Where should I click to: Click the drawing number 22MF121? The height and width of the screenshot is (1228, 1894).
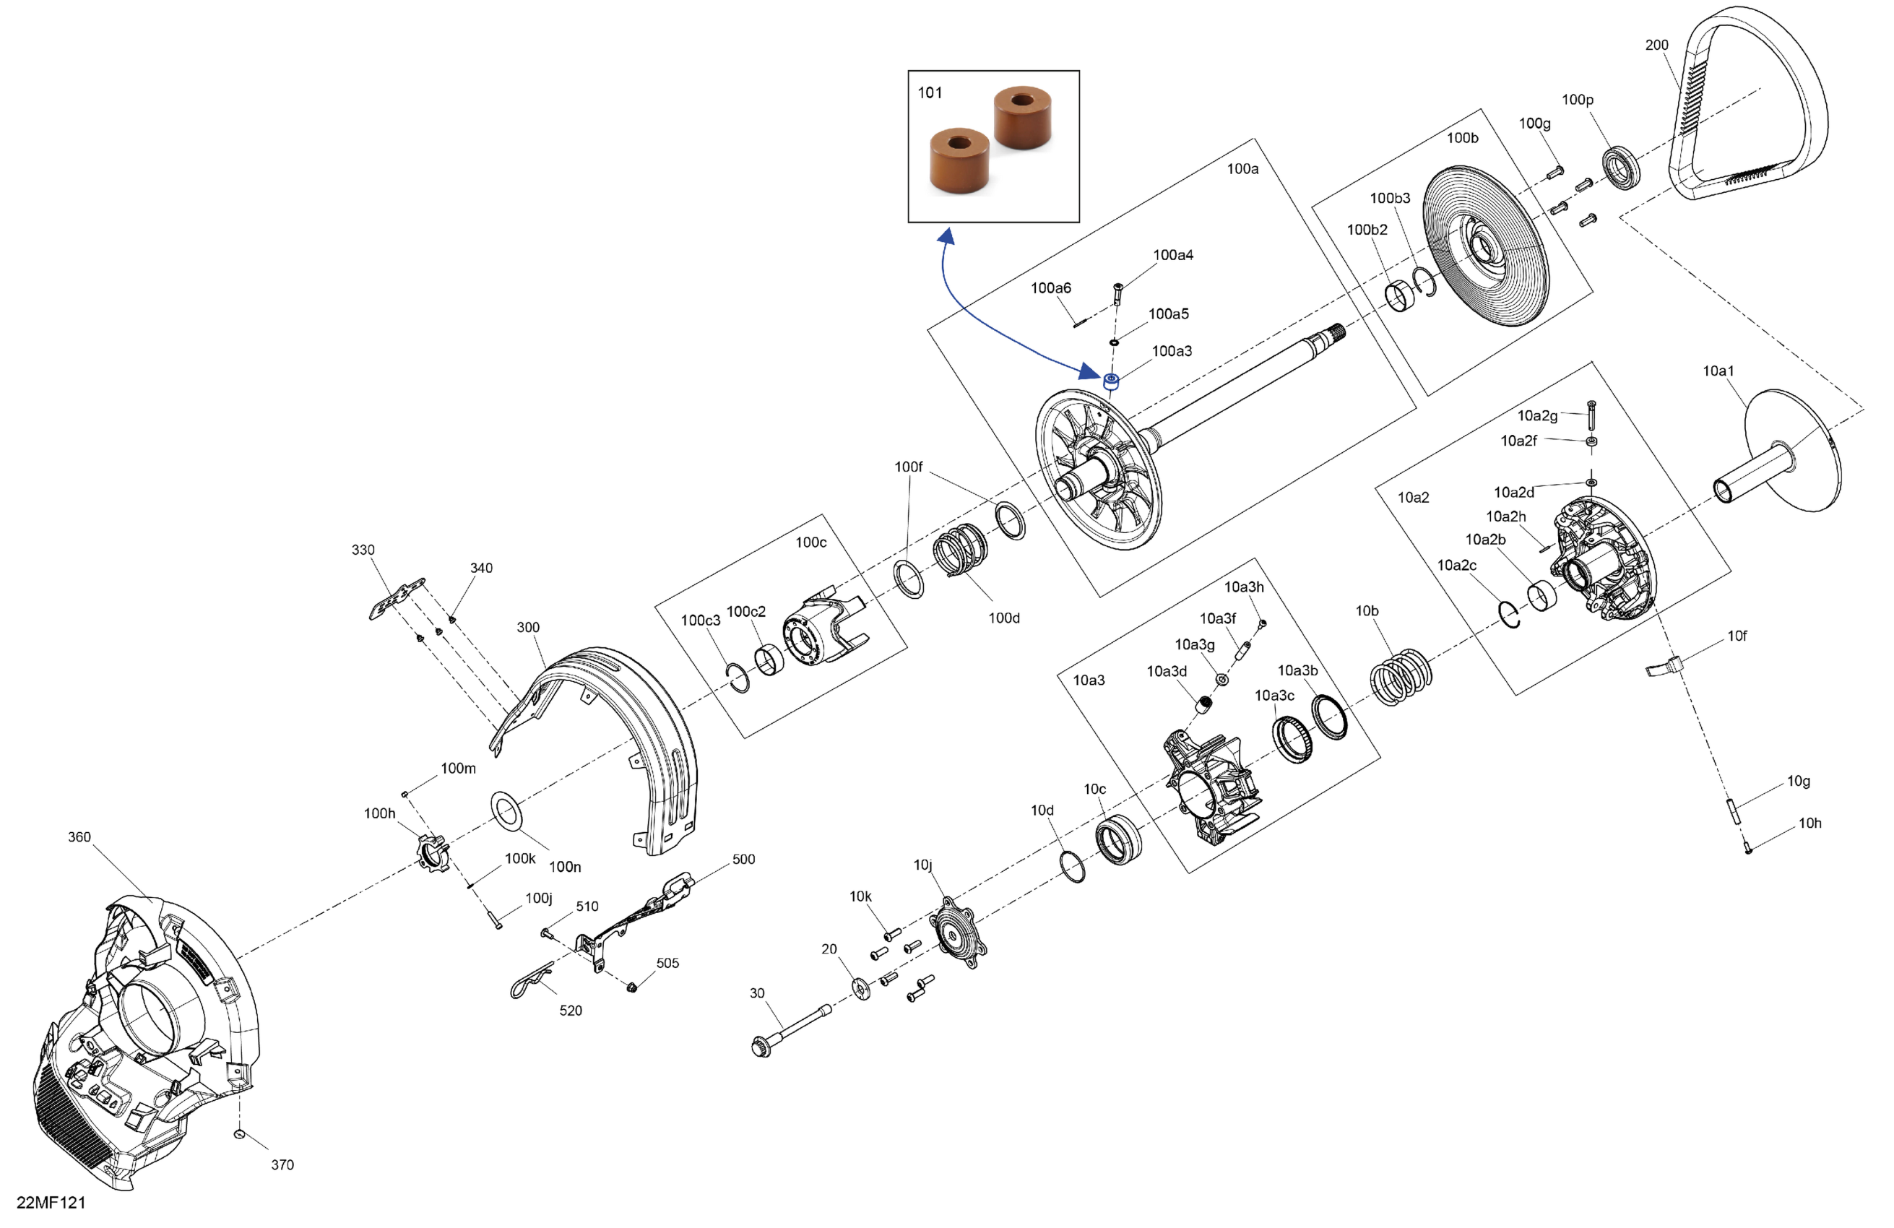pyautogui.click(x=50, y=1203)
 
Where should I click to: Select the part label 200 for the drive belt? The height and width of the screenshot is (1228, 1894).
pyautogui.click(x=1656, y=46)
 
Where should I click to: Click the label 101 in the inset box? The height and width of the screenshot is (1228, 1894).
pyautogui.click(x=930, y=93)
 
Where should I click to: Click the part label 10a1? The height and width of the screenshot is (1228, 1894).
pyautogui.click(x=1718, y=371)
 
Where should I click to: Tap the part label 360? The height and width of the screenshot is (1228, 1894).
pyautogui.click(x=79, y=837)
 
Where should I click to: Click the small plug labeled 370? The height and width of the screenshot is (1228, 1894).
pyautogui.click(x=240, y=1133)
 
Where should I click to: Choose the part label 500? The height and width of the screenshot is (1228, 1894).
pyautogui.click(x=743, y=860)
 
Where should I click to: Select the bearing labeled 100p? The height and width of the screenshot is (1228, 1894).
pyautogui.click(x=1620, y=168)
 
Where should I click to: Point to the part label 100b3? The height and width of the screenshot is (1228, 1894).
pyautogui.click(x=1390, y=198)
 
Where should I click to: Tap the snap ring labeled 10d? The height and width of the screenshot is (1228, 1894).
pyautogui.click(x=1073, y=865)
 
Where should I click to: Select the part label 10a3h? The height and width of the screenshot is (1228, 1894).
pyautogui.click(x=1244, y=587)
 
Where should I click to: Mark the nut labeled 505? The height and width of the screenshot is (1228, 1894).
pyautogui.click(x=632, y=987)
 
